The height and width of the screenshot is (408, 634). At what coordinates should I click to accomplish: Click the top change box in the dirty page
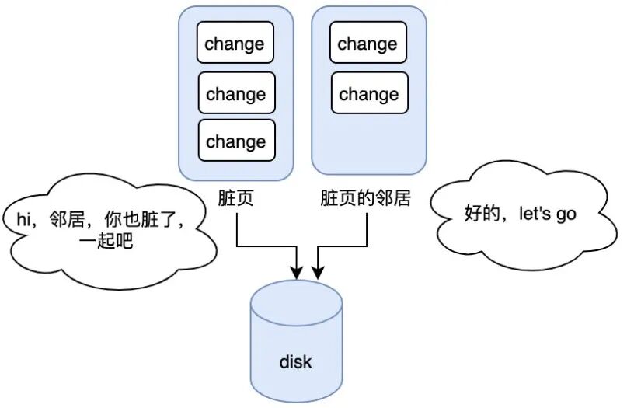click(x=235, y=44)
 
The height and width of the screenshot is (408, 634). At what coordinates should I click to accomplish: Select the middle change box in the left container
click(x=236, y=93)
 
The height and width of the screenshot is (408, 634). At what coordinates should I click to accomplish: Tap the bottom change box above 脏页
click(x=236, y=141)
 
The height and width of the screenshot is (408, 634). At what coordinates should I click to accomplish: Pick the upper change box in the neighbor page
click(x=368, y=43)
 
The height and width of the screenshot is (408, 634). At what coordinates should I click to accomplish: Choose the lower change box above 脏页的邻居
click(x=369, y=93)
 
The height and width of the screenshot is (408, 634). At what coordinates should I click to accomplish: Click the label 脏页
click(x=236, y=198)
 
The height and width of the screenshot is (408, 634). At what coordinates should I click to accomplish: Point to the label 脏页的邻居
click(x=365, y=198)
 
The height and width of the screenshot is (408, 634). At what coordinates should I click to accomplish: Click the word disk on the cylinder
click(x=295, y=362)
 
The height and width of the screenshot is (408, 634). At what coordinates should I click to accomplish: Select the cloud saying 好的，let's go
click(x=521, y=214)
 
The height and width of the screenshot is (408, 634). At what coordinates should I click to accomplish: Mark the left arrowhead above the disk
click(x=296, y=271)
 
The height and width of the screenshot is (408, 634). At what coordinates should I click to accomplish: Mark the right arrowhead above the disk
click(x=318, y=271)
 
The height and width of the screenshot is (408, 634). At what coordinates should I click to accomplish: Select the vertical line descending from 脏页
click(x=236, y=227)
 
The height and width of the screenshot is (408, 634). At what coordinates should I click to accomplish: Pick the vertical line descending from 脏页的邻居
click(x=366, y=227)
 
